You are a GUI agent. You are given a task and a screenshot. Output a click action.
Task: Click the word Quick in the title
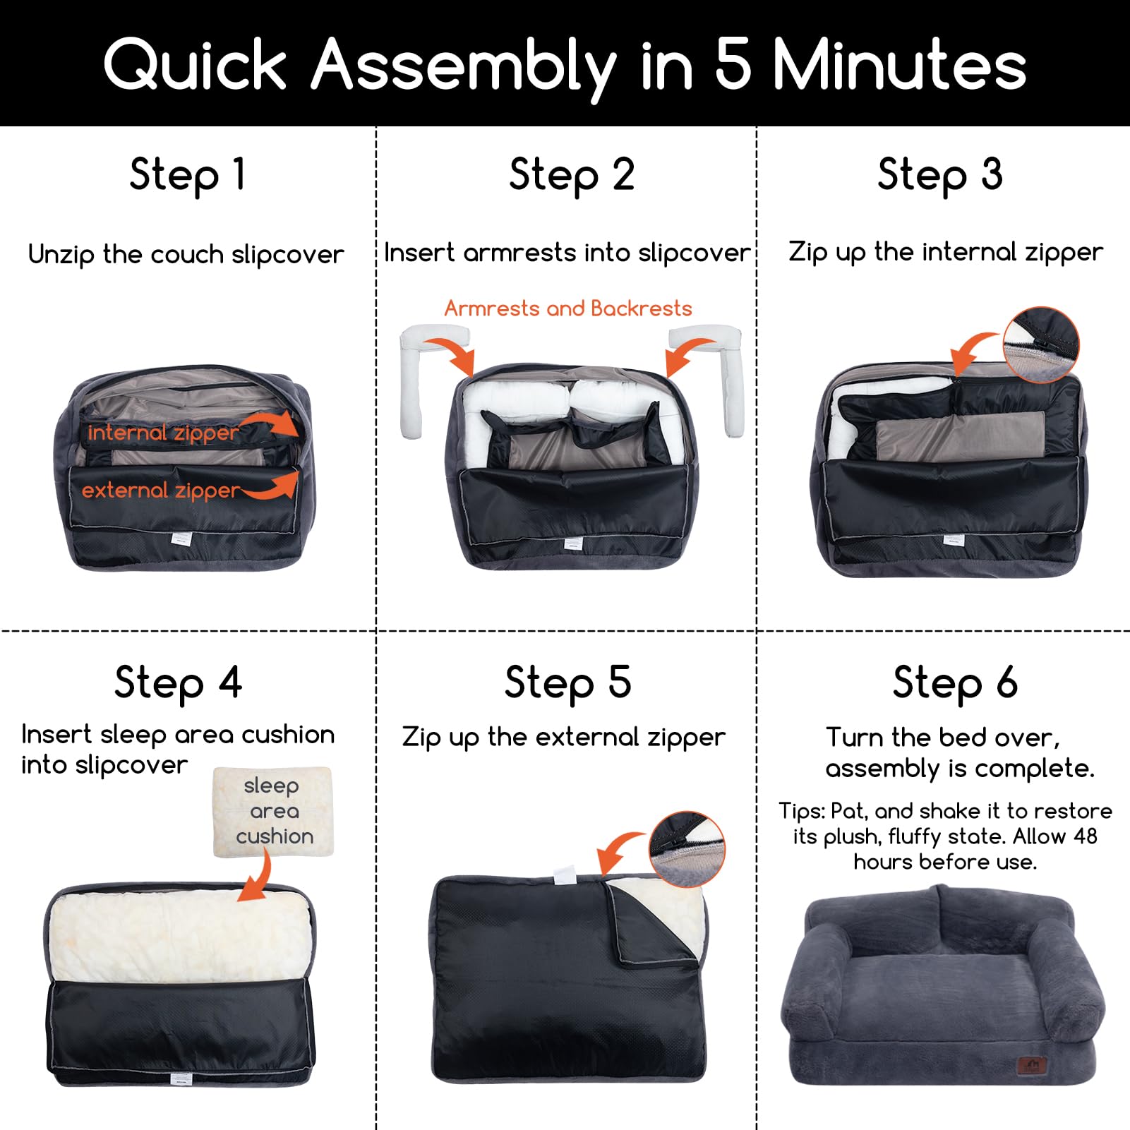coord(195,65)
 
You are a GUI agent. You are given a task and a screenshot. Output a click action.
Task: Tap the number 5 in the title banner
coord(733,64)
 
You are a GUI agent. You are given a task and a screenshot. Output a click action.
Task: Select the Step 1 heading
coord(188,174)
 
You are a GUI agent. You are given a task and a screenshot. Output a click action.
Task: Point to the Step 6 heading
coord(955,683)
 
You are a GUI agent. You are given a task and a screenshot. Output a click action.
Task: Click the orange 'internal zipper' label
coord(163,433)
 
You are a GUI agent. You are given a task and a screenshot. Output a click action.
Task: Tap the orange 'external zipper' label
coord(161,491)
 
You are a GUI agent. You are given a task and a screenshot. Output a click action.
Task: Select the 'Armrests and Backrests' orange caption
coord(568,308)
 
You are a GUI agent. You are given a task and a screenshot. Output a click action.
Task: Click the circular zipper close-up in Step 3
coord(1041,345)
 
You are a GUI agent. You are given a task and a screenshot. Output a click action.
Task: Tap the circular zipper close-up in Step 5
coord(687,849)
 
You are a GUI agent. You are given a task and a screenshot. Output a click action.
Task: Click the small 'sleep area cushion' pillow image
coord(273,812)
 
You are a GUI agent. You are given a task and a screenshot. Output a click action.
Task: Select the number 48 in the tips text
coord(1084,836)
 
